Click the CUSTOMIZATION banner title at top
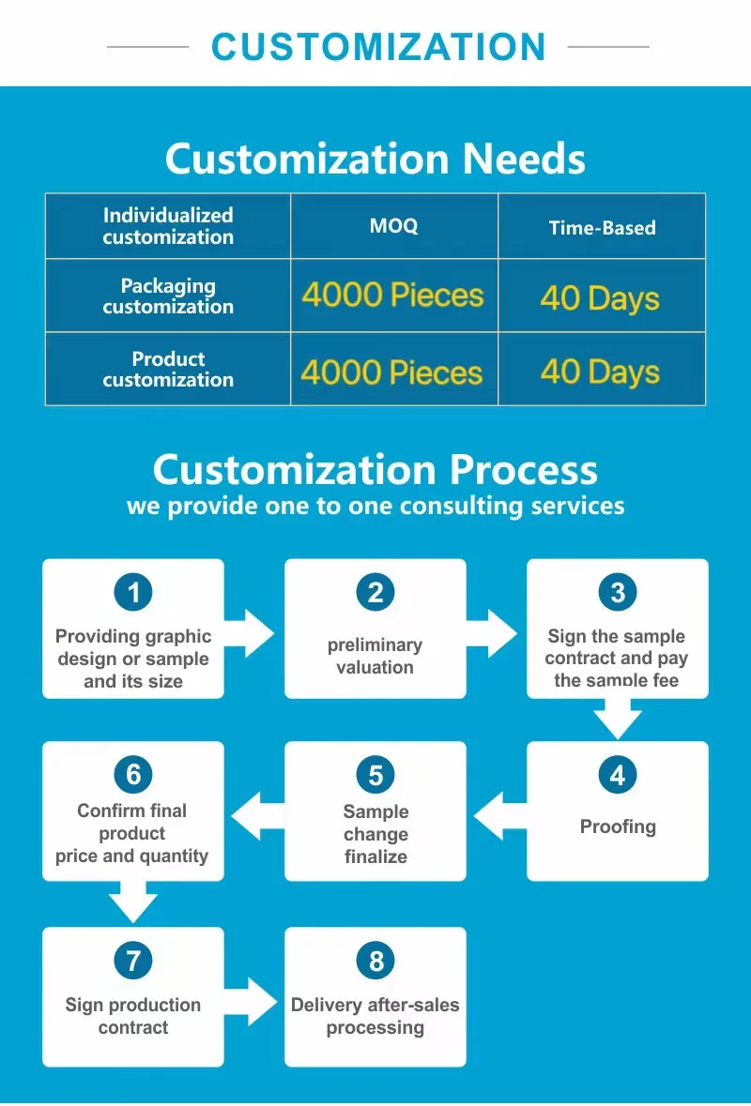tap(378, 46)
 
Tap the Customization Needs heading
tap(375, 159)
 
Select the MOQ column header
tap(393, 226)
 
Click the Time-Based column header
tap(602, 227)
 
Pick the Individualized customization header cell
tap(168, 226)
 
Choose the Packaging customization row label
tap(168, 296)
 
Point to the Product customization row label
tap(168, 369)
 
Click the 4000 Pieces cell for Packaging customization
tap(392, 296)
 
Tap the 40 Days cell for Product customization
tap(600, 371)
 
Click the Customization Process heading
tap(375, 469)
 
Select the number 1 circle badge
tap(133, 593)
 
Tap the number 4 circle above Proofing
tap(618, 775)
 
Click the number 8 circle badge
tap(375, 961)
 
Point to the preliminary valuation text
tap(375, 656)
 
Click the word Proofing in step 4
tap(618, 826)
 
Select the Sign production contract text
tap(133, 1016)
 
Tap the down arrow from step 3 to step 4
tap(618, 720)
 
